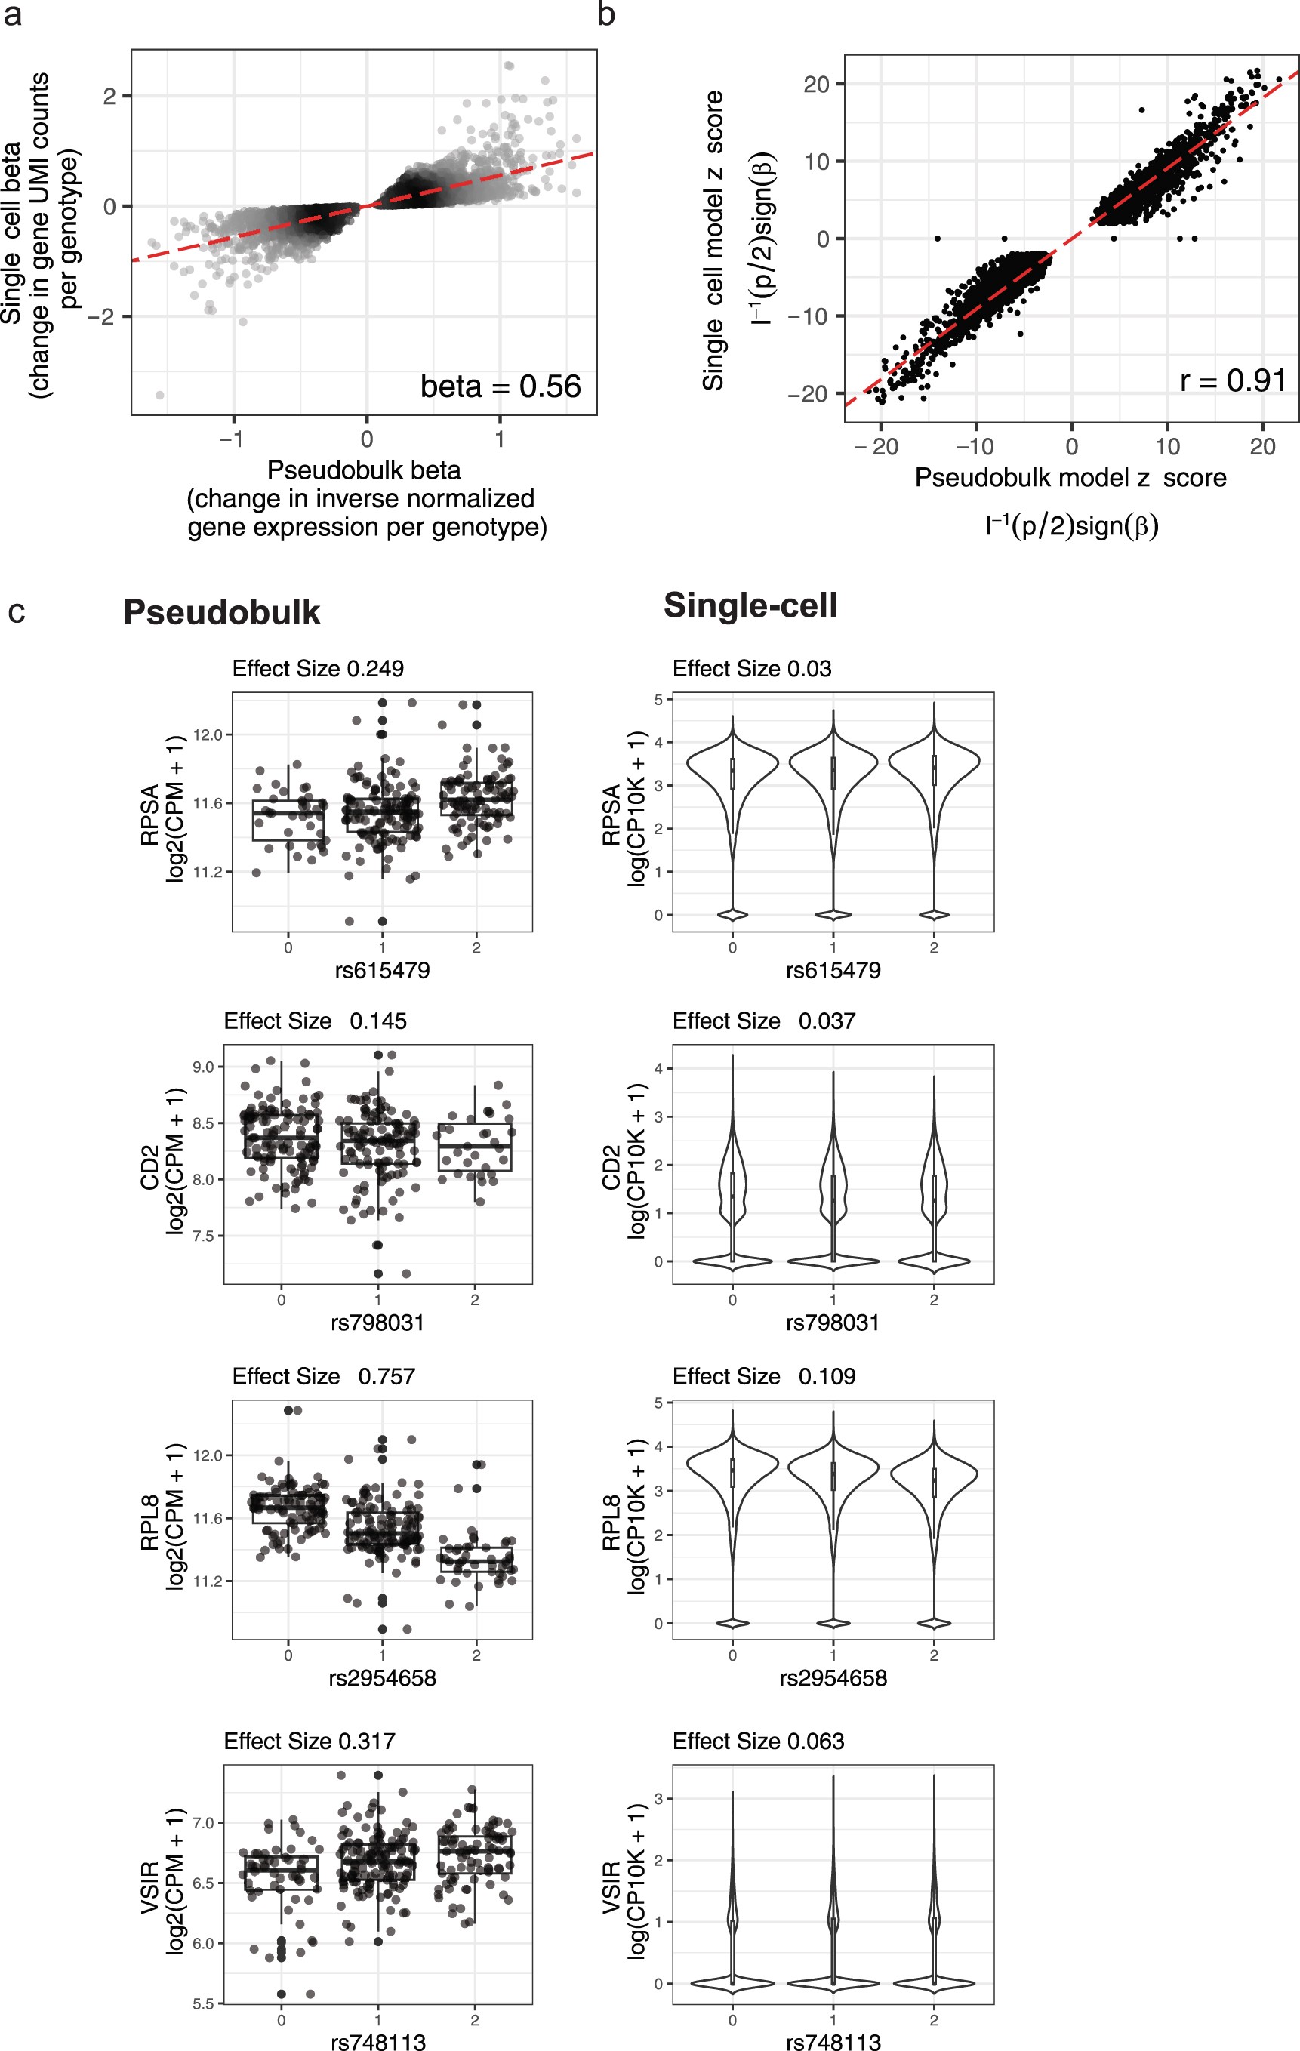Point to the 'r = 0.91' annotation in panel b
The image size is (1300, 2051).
point(1232,380)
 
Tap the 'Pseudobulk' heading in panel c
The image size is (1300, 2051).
point(221,612)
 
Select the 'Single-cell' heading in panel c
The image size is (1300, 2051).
point(750,605)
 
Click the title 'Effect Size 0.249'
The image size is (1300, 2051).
point(318,669)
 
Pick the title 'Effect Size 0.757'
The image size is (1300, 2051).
point(324,1376)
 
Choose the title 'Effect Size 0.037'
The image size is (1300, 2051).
point(764,1021)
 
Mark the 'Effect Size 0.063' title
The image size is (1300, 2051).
point(758,1741)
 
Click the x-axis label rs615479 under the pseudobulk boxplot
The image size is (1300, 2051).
point(382,970)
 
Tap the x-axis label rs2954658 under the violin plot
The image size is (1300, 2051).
point(833,1678)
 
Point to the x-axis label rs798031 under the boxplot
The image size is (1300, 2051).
point(377,1323)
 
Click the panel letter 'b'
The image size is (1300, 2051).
point(605,14)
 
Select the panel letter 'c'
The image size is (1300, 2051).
point(16,611)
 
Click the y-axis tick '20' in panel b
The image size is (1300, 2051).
point(816,85)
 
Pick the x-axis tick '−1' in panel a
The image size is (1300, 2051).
point(231,439)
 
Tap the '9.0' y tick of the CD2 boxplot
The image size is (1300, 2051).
point(203,1067)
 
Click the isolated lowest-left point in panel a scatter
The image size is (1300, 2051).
point(159,394)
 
